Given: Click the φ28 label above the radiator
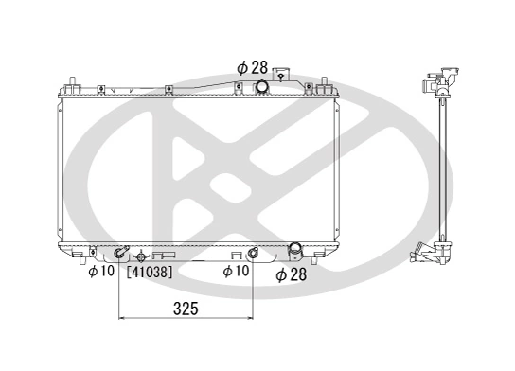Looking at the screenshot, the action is (x=253, y=67).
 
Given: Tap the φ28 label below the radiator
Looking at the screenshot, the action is (x=292, y=274).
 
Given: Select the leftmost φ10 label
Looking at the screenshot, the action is (x=101, y=271).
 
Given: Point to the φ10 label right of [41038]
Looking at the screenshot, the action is (x=236, y=271).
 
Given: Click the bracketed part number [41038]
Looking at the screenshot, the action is (x=150, y=272).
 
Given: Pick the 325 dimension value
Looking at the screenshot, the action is (x=186, y=309).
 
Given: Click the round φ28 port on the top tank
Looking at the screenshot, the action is (x=262, y=87).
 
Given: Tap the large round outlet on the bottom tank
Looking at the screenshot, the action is (x=294, y=248).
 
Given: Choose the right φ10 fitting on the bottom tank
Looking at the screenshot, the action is (x=252, y=254).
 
